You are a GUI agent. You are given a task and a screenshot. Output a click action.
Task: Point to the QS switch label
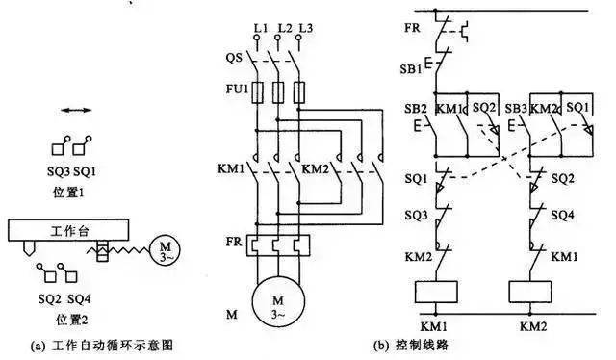click(234, 57)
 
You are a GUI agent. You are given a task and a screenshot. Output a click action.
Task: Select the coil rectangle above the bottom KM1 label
click(438, 293)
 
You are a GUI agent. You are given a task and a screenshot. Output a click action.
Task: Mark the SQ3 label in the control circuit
click(417, 215)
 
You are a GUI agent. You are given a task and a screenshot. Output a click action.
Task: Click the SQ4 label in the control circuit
click(562, 217)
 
